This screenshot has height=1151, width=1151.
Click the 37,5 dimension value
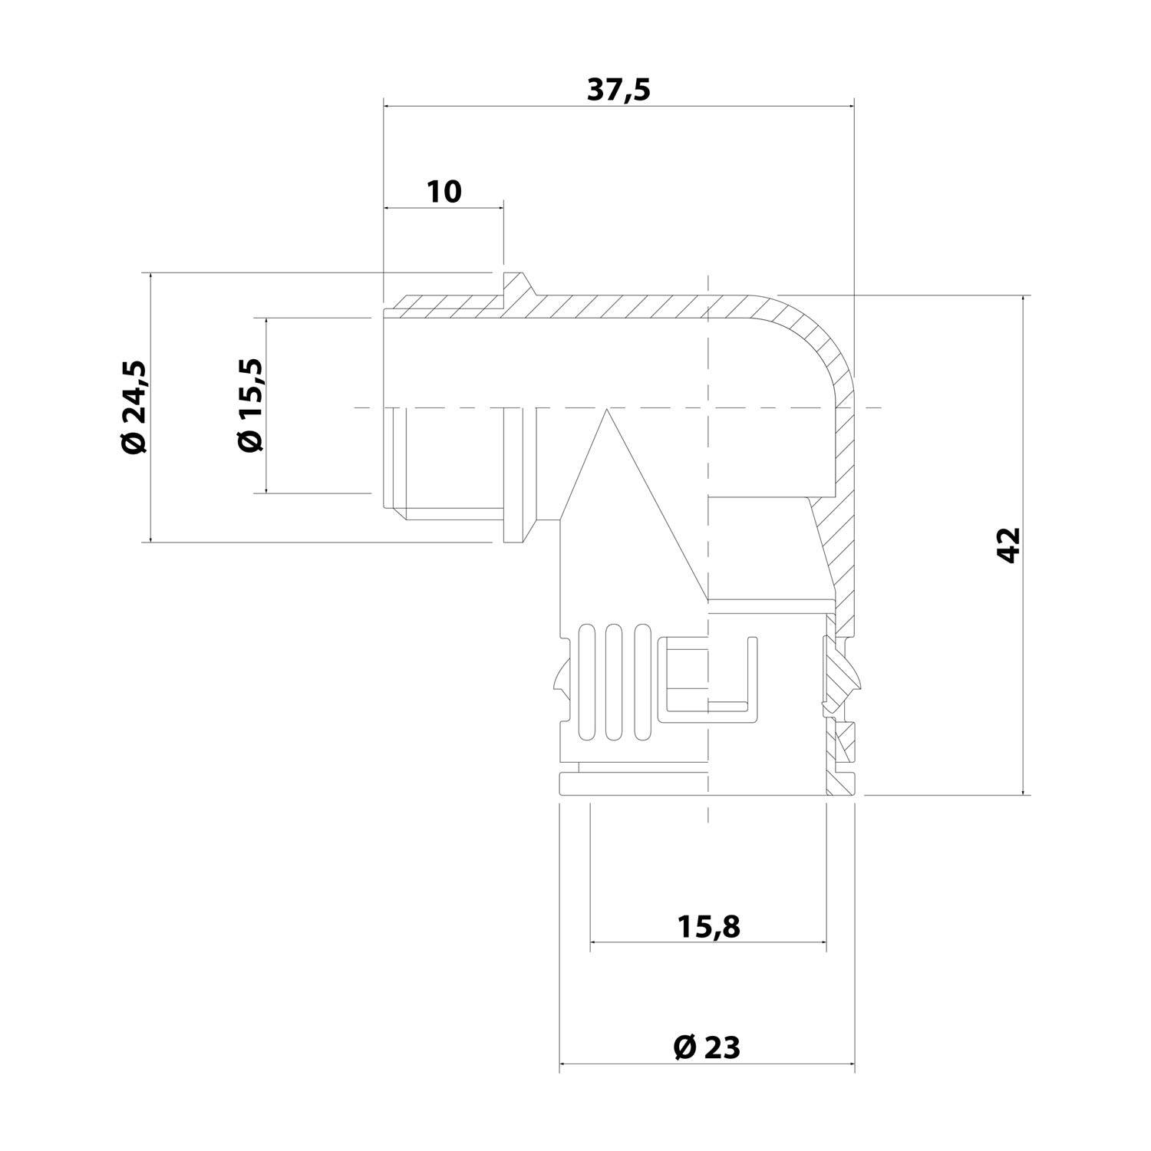click(x=618, y=90)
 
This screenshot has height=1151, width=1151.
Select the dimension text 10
click(x=444, y=191)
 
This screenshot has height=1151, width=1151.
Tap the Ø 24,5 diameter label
click(x=134, y=407)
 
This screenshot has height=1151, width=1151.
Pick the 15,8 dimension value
click(x=708, y=927)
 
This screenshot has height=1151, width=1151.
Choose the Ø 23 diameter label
click(x=707, y=1046)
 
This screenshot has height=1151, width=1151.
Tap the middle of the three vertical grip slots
click(x=612, y=683)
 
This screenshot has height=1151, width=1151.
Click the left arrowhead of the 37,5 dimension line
click(x=387, y=106)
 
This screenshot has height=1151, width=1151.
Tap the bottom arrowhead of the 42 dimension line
click(x=1024, y=792)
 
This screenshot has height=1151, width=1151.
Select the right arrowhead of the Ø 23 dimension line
click(x=850, y=1064)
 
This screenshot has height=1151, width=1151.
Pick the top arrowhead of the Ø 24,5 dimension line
click(x=150, y=277)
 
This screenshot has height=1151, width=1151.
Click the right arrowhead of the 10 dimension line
click(x=500, y=208)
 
